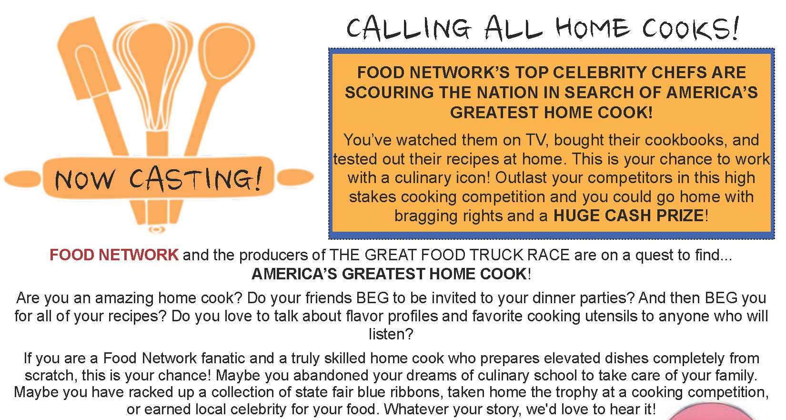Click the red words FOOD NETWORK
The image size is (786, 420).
[x=114, y=255]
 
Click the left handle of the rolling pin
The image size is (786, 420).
[x=22, y=179]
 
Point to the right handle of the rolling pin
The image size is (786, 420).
[x=295, y=177]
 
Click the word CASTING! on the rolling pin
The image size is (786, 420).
[x=196, y=179]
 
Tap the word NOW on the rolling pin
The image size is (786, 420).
[x=85, y=180]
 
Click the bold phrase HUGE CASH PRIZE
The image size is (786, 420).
[x=628, y=215]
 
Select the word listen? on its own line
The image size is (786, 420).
[x=391, y=334]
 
